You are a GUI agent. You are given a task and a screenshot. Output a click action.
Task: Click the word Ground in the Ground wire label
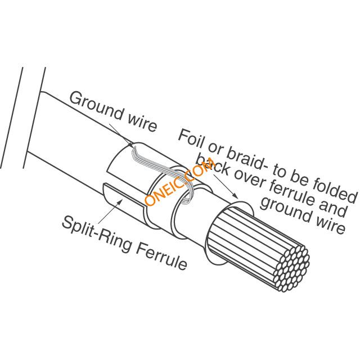pos(96,106)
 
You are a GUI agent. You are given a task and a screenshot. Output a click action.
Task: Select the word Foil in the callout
pos(191,139)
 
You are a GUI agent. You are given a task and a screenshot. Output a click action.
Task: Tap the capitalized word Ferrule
pos(161,256)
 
